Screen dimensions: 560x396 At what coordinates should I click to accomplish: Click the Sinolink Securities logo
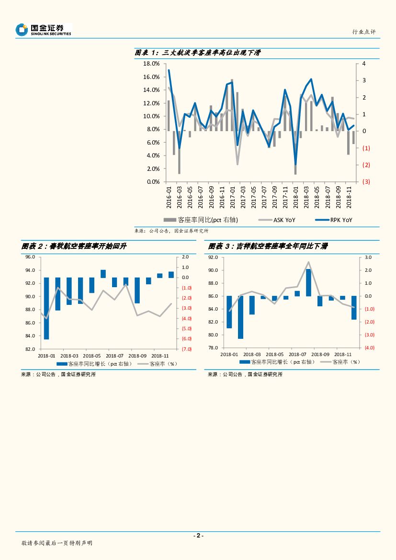coord(43,30)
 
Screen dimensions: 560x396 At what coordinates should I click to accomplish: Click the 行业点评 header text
coord(364,32)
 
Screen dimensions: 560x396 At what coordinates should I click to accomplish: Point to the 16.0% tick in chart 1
coord(152,77)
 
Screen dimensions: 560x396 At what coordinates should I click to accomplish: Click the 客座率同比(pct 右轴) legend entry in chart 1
coord(201,220)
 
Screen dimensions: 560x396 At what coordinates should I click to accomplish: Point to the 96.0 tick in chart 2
coord(30,257)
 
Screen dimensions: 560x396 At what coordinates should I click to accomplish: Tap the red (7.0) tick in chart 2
coord(186,349)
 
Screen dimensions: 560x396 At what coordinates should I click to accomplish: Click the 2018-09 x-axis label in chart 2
coord(137,356)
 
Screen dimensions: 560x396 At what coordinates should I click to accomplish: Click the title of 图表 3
coord(268,246)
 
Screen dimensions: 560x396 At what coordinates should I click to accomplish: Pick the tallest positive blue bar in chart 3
coord(308,282)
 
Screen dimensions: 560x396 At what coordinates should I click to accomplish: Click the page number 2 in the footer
coord(198,536)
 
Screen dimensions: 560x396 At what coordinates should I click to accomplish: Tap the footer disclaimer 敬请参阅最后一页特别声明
coord(57,543)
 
